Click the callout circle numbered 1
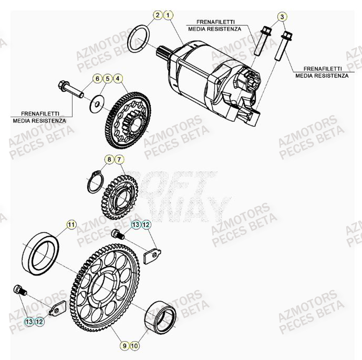tap(168, 16)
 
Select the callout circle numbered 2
tap(157, 16)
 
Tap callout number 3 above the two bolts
tap(282, 17)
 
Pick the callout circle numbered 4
tap(118, 79)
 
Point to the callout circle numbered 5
tap(108, 79)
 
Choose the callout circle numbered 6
tap(97, 79)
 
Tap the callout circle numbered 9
tap(125, 346)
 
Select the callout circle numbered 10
tap(135, 346)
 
